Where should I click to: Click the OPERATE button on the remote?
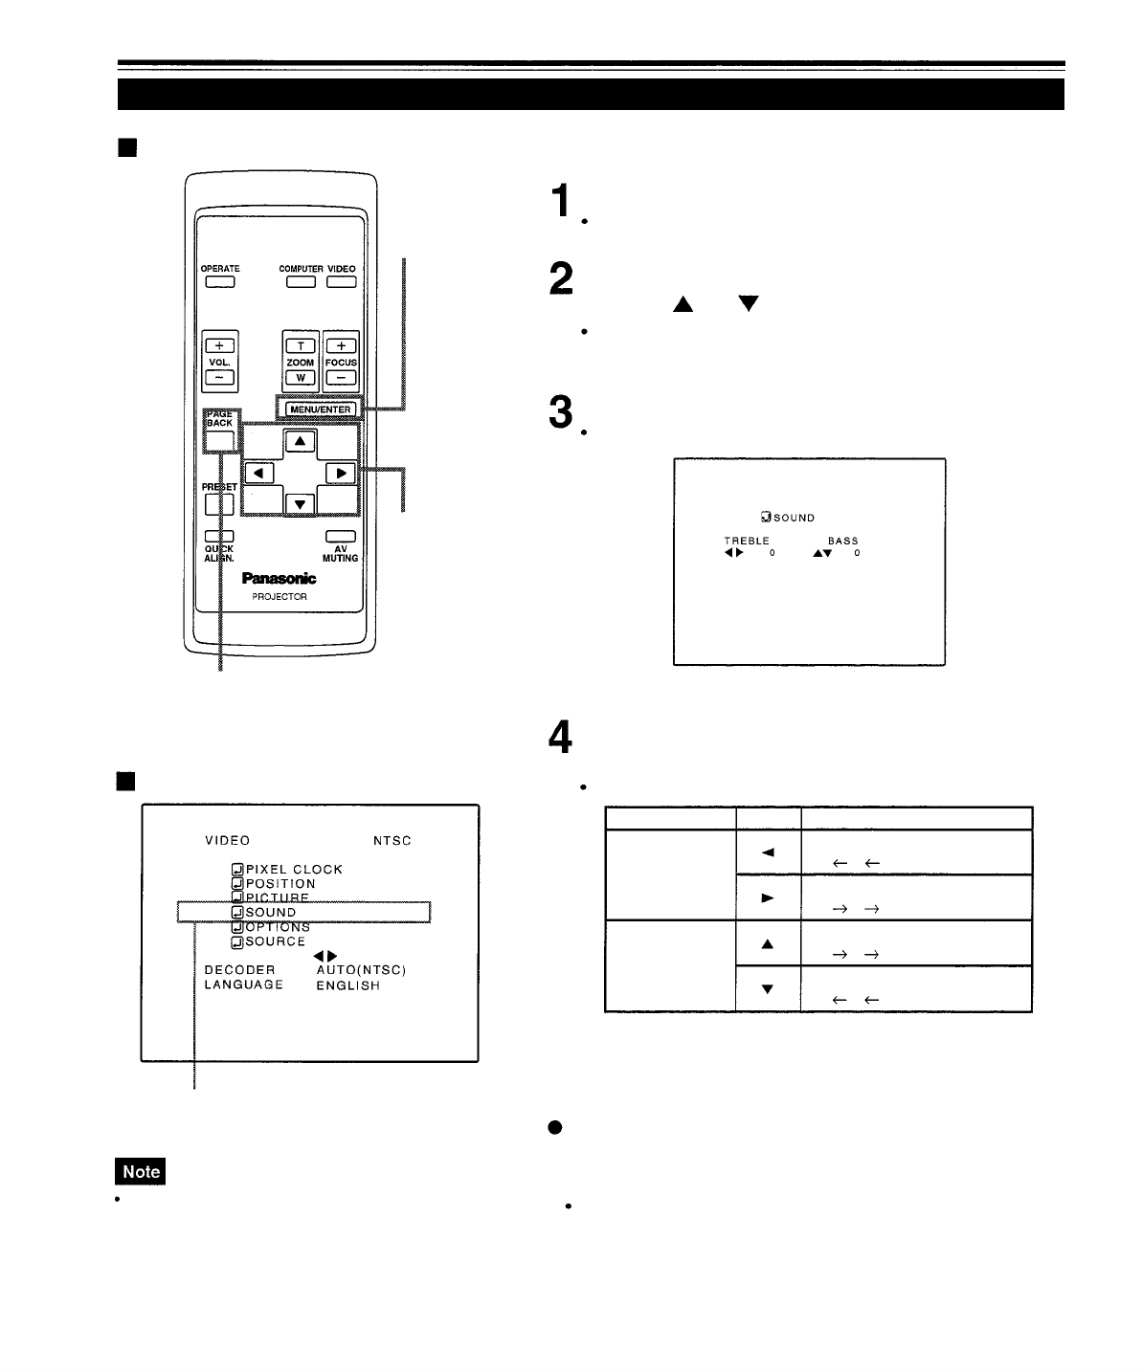point(219,281)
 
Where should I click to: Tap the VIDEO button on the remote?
point(341,281)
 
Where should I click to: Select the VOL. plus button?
point(219,345)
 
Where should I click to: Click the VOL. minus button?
point(219,378)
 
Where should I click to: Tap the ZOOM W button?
point(301,378)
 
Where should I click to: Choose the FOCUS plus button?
point(341,345)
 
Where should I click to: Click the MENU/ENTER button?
point(320,409)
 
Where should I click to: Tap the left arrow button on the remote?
point(259,473)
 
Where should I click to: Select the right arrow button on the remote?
point(341,473)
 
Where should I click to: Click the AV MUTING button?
point(340,537)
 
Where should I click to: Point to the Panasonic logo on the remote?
point(279,579)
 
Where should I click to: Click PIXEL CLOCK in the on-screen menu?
point(294,870)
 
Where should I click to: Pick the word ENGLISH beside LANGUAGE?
point(347,985)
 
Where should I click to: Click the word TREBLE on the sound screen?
point(747,541)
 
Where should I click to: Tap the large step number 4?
point(561,737)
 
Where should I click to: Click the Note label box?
point(140,1171)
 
